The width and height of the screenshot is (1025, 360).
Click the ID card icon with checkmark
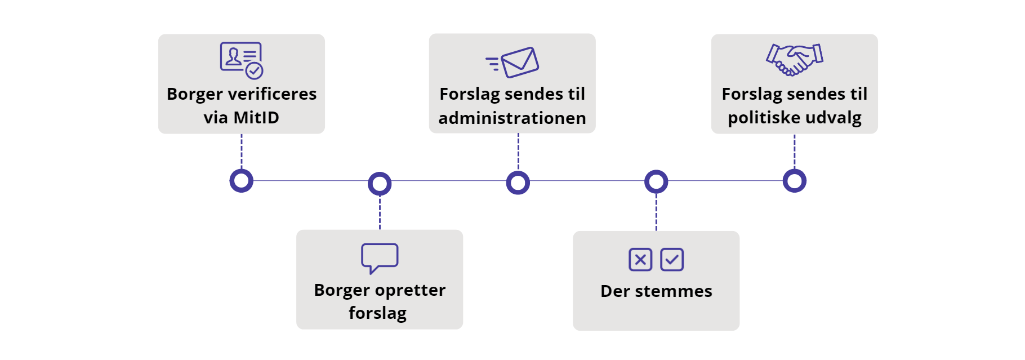242,60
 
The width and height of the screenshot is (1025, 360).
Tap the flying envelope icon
513,62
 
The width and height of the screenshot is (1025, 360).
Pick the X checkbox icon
640,260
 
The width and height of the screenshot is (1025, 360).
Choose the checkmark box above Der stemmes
672,260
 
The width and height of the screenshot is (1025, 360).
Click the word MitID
256,118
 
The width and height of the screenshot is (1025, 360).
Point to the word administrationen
512,118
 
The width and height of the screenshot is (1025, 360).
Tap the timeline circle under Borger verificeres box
242,181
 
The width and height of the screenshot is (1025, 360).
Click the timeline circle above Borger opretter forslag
380,184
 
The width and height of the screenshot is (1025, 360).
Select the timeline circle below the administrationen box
518,183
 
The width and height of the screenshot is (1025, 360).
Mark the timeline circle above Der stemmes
656,182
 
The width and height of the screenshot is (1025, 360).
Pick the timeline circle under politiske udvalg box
795,181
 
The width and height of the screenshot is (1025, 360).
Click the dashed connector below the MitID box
242,151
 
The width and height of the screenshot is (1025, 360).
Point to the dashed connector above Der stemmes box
656,212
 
